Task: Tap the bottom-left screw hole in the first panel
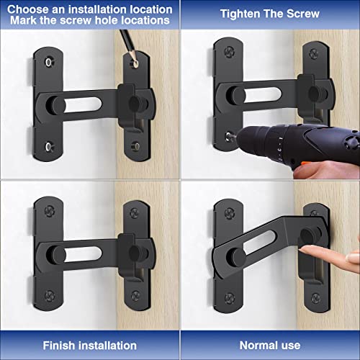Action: point(47,148)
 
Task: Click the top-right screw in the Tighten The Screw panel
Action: point(312,53)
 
